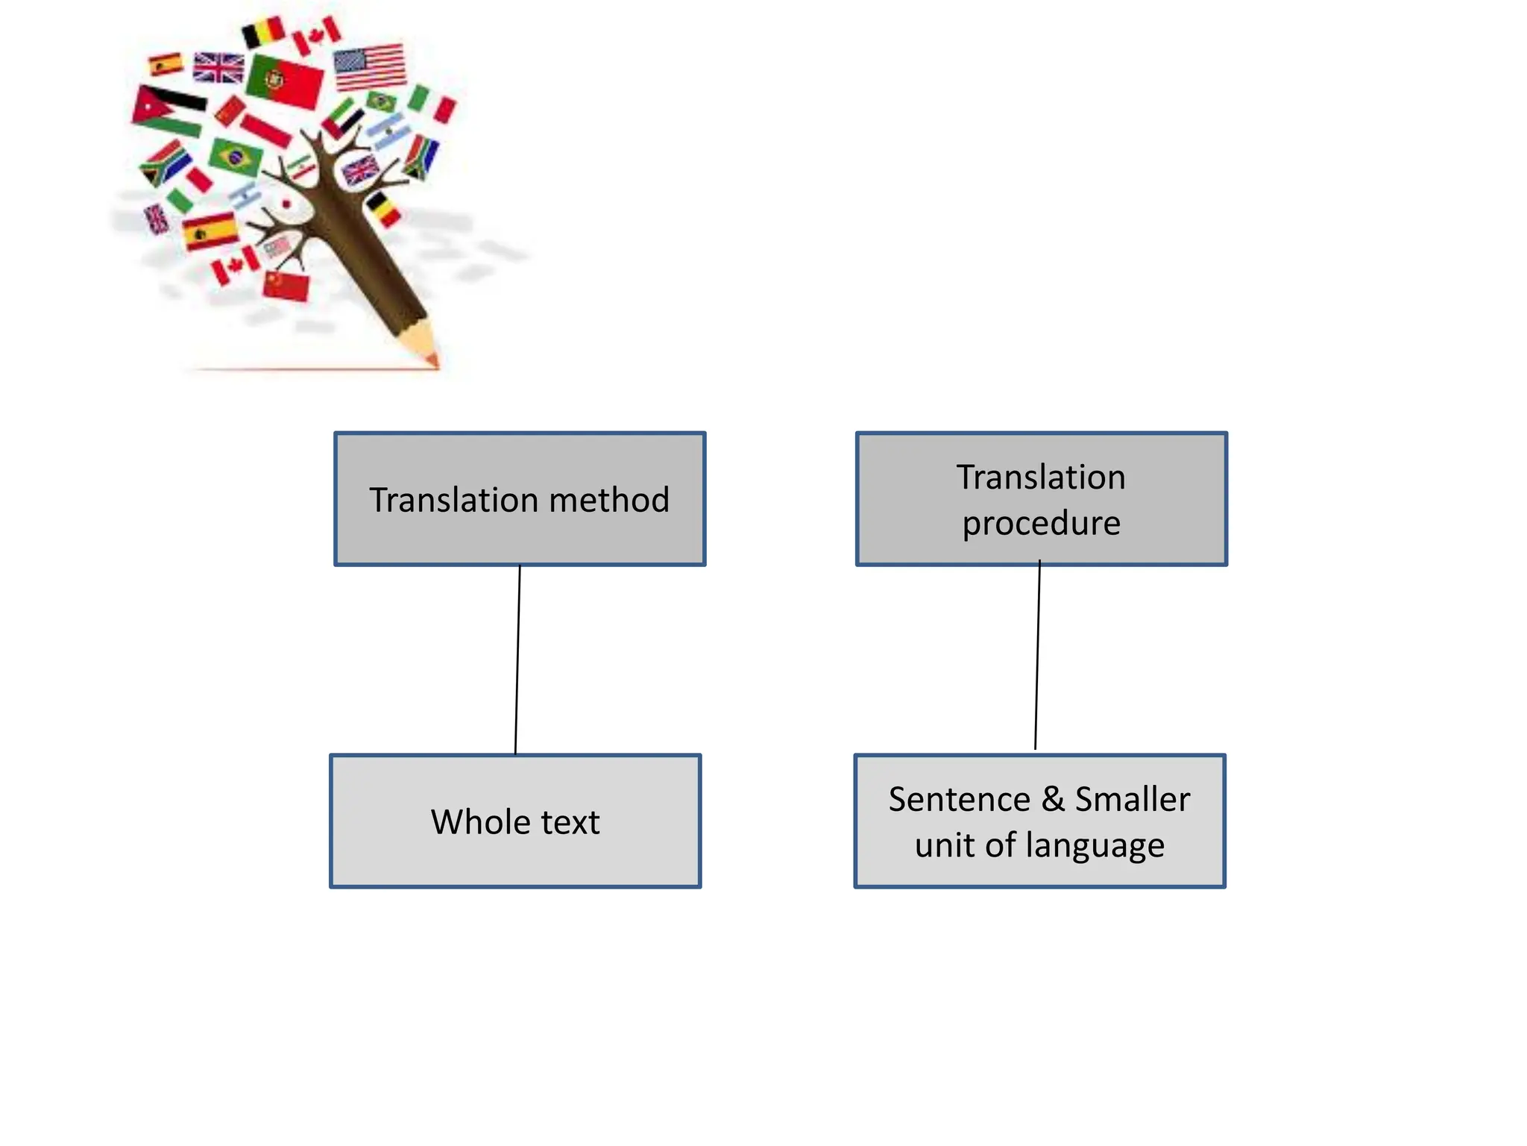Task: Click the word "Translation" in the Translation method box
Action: click(454, 500)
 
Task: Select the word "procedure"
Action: click(1041, 523)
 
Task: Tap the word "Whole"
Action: click(480, 822)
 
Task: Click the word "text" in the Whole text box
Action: click(570, 822)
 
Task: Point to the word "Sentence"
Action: click(959, 800)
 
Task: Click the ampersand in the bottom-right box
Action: click(1053, 800)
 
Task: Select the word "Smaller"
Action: click(1132, 800)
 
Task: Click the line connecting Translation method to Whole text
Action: click(517, 660)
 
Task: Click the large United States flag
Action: click(370, 66)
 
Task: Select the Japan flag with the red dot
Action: click(286, 204)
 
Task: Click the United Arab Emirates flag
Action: click(343, 118)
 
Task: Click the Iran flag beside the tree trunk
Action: click(302, 168)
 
